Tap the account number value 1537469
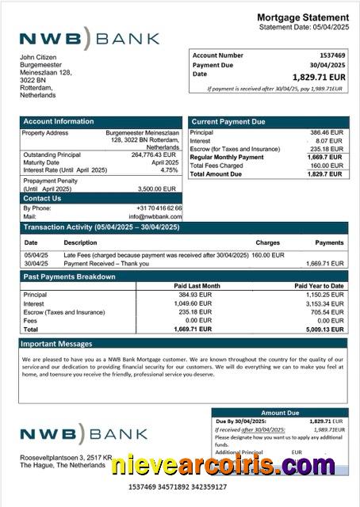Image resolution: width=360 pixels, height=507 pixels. (x=331, y=55)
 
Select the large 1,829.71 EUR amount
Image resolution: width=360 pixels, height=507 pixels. (x=319, y=77)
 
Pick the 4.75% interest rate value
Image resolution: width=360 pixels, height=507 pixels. (x=170, y=170)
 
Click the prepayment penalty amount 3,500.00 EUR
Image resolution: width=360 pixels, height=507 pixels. (x=157, y=189)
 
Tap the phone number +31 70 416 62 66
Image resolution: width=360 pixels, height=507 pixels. (x=159, y=208)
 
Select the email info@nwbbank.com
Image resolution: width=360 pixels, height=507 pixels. (x=159, y=216)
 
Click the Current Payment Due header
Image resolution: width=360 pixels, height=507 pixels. (x=228, y=121)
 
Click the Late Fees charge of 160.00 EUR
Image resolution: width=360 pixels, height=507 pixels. (x=268, y=255)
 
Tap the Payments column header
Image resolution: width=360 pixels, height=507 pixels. (x=329, y=242)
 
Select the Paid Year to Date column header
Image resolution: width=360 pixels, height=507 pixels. (x=319, y=285)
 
